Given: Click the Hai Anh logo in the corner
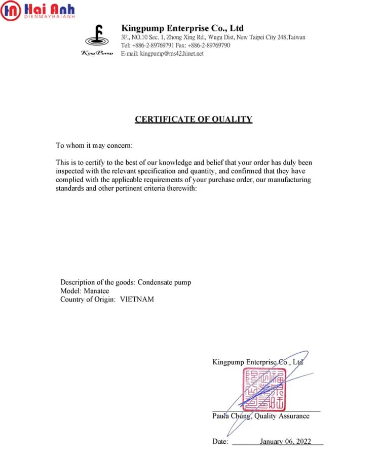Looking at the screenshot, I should [x=37, y=10].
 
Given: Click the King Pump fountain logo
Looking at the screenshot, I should [x=97, y=37].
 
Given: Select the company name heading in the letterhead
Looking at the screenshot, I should [x=182, y=28].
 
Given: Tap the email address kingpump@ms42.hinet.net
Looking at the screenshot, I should [x=172, y=53].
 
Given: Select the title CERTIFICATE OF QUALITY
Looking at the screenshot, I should [x=194, y=119].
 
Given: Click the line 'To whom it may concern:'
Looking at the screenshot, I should [x=94, y=146].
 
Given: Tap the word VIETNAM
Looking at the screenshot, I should [x=137, y=299].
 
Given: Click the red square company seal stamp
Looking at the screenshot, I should [x=263, y=389].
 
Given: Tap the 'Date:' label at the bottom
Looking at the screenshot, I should [x=220, y=441].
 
